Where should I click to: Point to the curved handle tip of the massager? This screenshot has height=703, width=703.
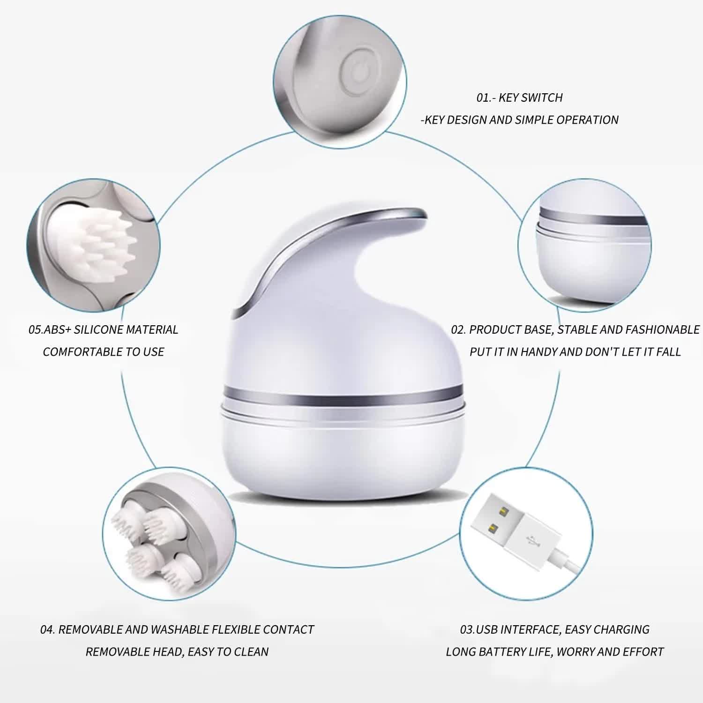(x=415, y=213)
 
